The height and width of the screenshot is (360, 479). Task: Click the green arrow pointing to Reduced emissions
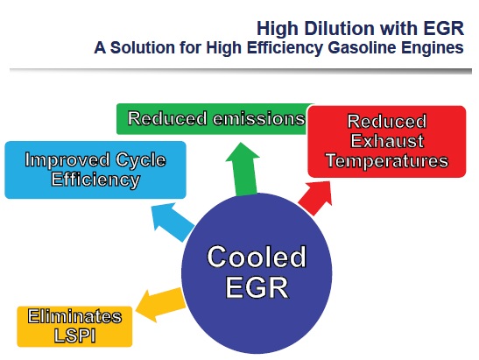(243, 170)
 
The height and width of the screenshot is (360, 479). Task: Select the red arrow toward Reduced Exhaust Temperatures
(316, 197)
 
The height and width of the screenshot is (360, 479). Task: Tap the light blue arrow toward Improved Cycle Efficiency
(173, 222)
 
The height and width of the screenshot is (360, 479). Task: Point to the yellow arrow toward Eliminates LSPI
(160, 306)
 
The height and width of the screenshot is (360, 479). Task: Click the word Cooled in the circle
(257, 257)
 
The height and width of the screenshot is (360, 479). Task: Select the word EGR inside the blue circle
(257, 287)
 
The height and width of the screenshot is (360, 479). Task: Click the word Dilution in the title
(340, 28)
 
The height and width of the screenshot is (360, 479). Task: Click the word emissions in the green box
(259, 118)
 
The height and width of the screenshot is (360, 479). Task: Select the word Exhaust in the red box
(387, 141)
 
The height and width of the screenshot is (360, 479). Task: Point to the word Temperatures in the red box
(387, 161)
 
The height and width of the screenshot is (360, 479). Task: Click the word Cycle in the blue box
(141, 160)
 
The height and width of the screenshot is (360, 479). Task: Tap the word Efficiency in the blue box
(95, 180)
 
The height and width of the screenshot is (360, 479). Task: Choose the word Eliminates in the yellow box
(74, 316)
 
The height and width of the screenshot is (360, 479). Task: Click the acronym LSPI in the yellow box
(74, 335)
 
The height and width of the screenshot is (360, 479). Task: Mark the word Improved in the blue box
(67, 159)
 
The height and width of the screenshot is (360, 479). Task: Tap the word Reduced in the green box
(167, 118)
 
